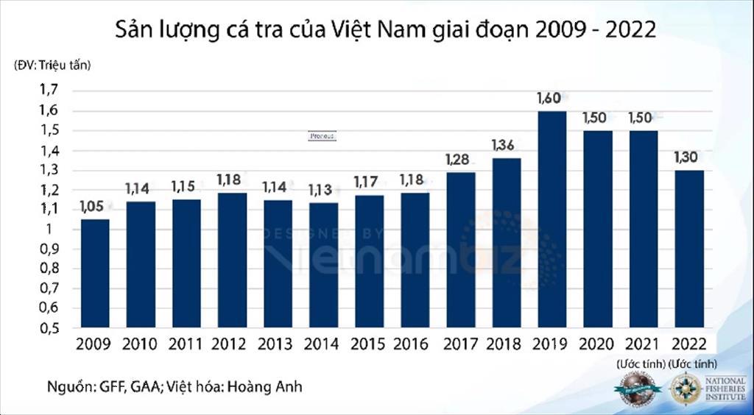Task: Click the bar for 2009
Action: click(x=95, y=273)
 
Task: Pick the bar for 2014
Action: click(x=323, y=265)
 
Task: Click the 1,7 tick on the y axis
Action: click(x=49, y=90)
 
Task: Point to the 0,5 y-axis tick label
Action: click(x=49, y=328)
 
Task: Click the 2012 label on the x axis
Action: click(x=229, y=344)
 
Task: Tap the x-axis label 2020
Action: click(x=597, y=344)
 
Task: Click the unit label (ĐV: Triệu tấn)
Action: click(x=52, y=64)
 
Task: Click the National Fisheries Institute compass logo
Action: click(x=685, y=389)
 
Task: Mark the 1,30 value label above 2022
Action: click(x=688, y=157)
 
